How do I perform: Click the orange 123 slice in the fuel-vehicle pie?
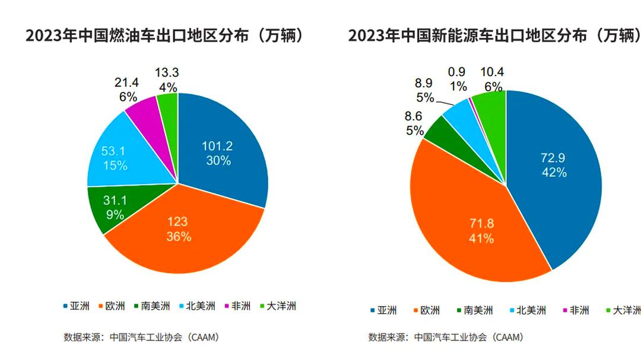[178, 231]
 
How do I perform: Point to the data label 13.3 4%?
[167, 80]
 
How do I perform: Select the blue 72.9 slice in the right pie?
[552, 166]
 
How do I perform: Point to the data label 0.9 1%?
[457, 79]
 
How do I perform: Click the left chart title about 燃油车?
[166, 36]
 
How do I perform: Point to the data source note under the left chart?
[142, 337]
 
